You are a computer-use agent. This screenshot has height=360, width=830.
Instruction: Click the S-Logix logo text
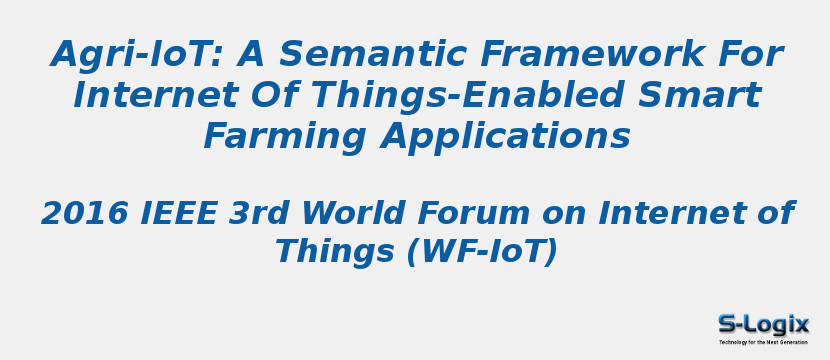click(763, 324)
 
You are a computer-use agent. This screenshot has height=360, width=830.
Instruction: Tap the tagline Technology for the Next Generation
click(763, 342)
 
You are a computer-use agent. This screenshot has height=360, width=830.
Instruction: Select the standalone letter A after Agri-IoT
click(250, 54)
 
